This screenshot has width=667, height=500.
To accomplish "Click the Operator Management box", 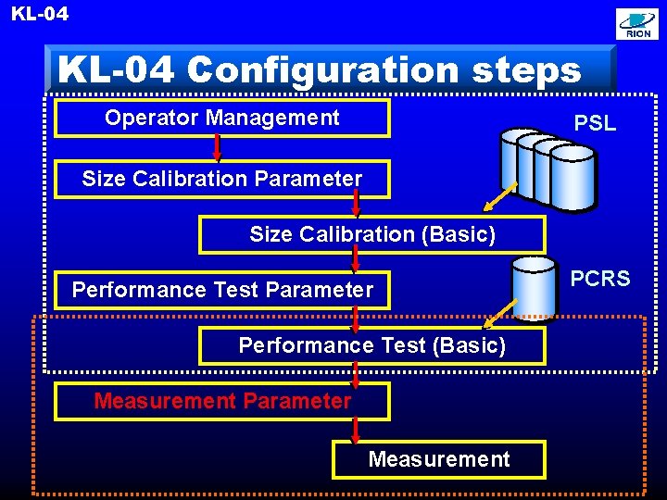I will pos(222,119).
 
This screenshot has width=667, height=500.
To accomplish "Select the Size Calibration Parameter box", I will pos(222,179).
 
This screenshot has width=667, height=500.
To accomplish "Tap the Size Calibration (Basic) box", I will pos(371,234).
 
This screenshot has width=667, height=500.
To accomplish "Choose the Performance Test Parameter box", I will pos(222,290).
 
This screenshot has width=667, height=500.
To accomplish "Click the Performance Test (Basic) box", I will pos(371,346).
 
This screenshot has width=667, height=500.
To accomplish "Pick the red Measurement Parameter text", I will pos(222,401).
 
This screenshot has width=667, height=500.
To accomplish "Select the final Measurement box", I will pos(438,459).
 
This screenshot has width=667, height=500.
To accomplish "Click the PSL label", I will pos(595,123).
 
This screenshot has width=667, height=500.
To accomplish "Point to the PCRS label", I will pos(599,279).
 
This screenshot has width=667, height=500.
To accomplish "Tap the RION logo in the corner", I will pos(637,25).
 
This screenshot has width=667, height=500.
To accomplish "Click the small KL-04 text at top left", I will pos(40,14).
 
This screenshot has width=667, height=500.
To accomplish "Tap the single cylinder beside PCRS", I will pos(534,287).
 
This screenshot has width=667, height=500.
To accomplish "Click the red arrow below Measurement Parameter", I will pos(356,431).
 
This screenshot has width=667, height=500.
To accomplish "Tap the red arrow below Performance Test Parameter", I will pos(356,319).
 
